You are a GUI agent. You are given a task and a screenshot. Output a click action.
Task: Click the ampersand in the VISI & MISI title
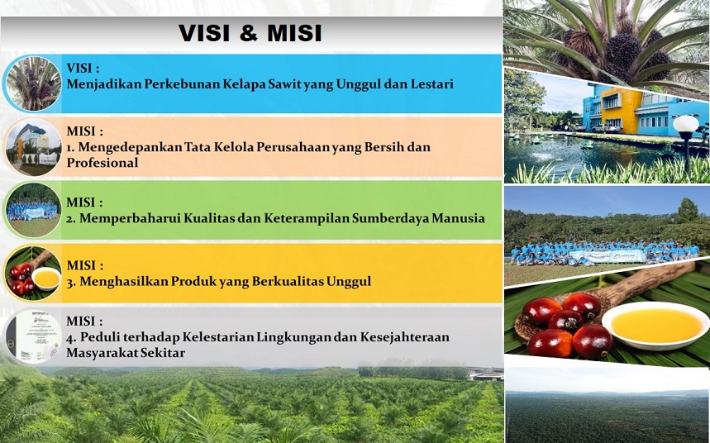[248, 34]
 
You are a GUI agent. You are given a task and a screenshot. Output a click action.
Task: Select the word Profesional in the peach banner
[102, 163]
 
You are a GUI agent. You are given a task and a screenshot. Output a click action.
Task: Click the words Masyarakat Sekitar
[126, 353]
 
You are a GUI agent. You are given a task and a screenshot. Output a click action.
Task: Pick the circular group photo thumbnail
[32, 210]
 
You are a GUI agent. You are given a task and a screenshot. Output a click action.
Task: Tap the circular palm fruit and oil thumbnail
[32, 274]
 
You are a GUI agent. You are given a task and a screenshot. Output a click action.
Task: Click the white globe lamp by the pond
[685, 124]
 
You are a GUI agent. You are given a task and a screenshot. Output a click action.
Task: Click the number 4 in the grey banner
[69, 338]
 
